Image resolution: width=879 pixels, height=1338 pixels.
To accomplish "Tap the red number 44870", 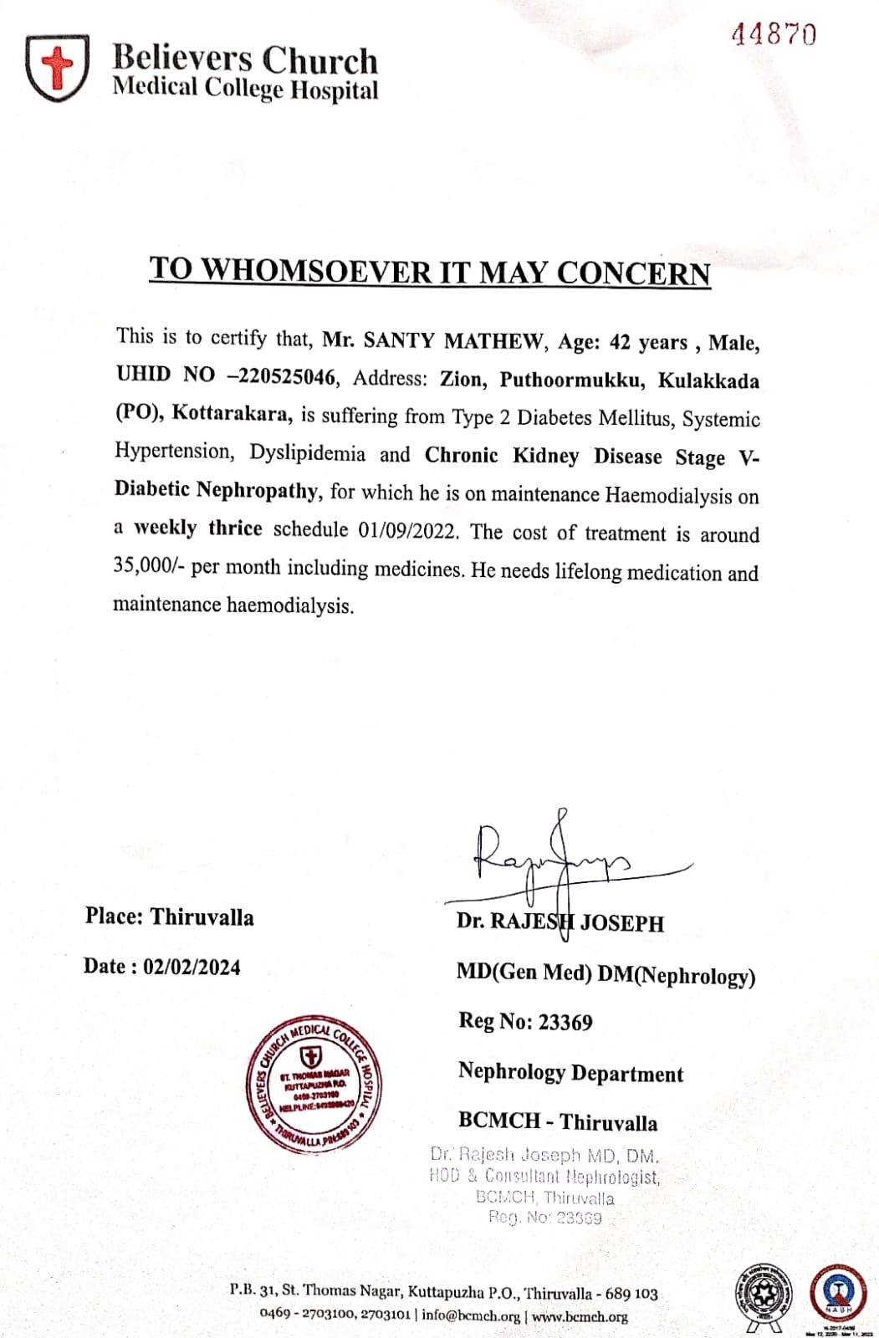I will [x=774, y=34].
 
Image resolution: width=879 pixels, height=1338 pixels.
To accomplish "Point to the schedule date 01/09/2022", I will [x=410, y=531].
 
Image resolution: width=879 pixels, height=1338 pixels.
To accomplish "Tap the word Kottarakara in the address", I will [x=232, y=413].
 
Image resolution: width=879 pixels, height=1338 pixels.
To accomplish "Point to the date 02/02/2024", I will [x=192, y=968].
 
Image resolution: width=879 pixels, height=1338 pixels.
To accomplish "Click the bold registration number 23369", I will [x=565, y=1022].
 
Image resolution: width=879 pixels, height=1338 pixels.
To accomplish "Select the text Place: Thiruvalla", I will [x=169, y=917].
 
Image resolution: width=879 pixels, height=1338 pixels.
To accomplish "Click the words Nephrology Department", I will [x=570, y=1073].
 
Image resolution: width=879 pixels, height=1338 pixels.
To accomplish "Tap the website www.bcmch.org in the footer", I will [x=580, y=1316].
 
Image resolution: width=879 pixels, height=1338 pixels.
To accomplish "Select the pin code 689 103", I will [x=631, y=1294].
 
